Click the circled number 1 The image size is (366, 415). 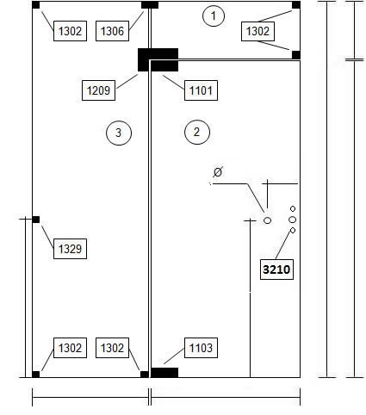[214, 15]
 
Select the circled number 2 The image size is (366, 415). [197, 132]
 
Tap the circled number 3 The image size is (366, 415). [119, 133]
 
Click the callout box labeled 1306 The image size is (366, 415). [112, 31]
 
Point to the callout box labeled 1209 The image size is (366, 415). [98, 90]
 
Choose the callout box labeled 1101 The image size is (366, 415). [201, 90]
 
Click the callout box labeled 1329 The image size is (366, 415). [70, 249]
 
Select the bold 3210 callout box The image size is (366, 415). [276, 269]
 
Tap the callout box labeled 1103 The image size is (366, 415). [201, 348]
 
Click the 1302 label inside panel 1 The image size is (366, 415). [257, 31]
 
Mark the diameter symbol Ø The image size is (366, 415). [218, 172]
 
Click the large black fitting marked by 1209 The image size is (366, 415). [158, 59]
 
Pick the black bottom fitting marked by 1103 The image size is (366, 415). [164, 373]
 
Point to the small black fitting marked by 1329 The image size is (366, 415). [36, 220]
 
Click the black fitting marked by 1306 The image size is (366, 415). [150, 5]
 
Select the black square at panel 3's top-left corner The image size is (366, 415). [36, 5]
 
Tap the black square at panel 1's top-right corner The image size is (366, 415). [296, 5]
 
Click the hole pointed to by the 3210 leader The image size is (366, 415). [293, 230]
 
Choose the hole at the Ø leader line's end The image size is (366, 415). [267, 220]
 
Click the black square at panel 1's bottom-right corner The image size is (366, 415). [296, 55]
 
